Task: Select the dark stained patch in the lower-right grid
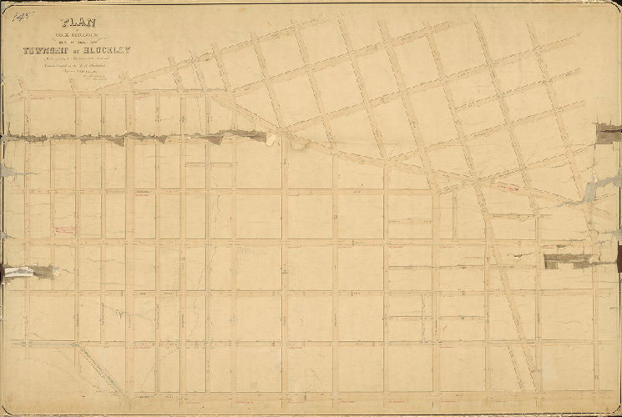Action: pos(561,261)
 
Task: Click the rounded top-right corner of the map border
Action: pos(615,6)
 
